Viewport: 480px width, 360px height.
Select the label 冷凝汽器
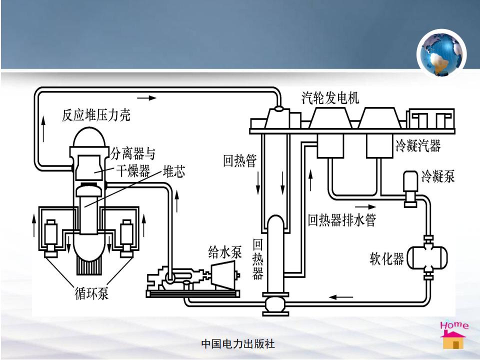coord(418,145)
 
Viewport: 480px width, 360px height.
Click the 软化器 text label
coord(386,259)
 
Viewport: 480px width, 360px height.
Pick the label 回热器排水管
coord(341,219)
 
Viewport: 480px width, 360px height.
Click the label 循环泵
coord(88,293)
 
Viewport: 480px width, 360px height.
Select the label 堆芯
coord(174,172)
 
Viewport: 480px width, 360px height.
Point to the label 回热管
coord(240,161)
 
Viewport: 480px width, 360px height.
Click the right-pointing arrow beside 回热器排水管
coord(364,206)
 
